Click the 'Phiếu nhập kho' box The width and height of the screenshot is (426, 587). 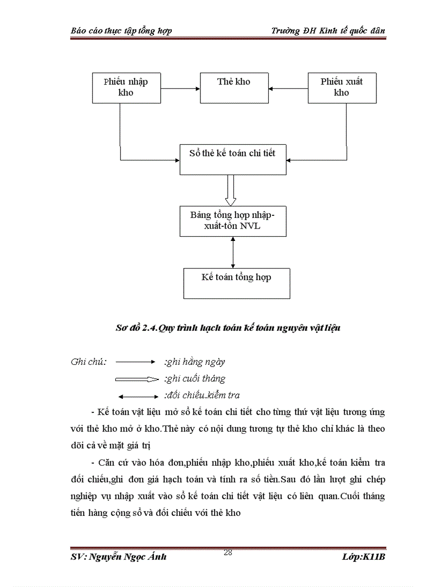tap(126, 88)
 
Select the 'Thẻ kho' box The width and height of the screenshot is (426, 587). tap(233, 88)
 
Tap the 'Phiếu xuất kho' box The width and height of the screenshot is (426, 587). tap(342, 88)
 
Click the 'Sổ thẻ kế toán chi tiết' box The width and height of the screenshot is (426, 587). tap(233, 159)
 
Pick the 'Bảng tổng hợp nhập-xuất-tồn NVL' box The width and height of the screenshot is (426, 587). tap(233, 221)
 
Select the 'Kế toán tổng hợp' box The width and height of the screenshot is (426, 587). tap(236, 283)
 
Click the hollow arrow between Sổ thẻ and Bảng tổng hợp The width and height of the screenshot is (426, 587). tap(231, 190)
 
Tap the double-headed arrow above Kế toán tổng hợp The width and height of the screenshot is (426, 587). tap(233, 252)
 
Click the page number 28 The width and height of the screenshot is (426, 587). tap(228, 553)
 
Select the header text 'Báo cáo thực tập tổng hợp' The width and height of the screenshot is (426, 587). tap(121, 31)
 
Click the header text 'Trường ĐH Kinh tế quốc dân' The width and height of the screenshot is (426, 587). tap(328, 31)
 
